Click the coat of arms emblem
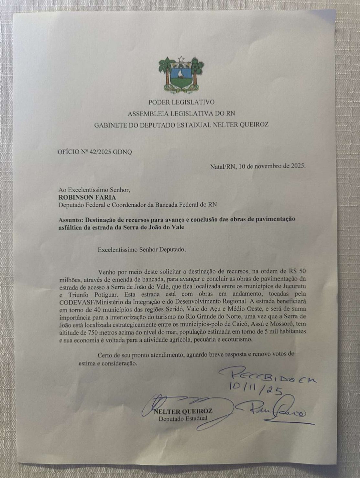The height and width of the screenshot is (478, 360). [x=181, y=74]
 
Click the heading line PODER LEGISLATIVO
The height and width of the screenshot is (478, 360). [x=181, y=102]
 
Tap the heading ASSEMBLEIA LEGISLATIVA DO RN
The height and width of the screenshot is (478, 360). [x=181, y=113]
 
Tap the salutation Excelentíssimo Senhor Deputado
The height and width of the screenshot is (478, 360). [x=142, y=250]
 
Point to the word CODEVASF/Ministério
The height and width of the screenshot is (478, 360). [x=85, y=302]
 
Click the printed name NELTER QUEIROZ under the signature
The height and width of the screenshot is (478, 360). [x=183, y=411]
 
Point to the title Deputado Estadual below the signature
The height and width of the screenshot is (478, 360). [x=183, y=419]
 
